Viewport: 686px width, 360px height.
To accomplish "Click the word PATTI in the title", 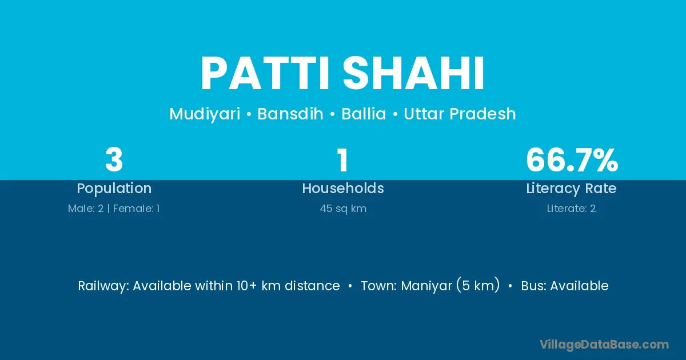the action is [x=265, y=74].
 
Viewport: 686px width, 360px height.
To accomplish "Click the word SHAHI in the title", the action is [x=413, y=74].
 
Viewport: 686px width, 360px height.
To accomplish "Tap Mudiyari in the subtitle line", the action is [x=205, y=114].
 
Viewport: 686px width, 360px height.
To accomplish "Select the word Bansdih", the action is [x=290, y=114].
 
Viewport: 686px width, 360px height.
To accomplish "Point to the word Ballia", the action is [x=364, y=114].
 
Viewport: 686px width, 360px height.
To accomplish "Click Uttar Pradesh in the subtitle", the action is [x=460, y=114].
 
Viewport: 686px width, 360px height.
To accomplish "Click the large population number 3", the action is [x=114, y=159].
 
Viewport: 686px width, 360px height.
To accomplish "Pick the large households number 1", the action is [x=343, y=159].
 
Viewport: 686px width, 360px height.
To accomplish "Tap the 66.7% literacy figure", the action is [x=572, y=159].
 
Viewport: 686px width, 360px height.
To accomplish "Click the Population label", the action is [x=114, y=189].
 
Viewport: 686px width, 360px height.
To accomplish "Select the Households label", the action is [x=343, y=188].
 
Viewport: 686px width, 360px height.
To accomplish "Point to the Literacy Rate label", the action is [x=571, y=189].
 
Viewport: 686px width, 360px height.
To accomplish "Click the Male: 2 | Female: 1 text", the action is [x=114, y=209].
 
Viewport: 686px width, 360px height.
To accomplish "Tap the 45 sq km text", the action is [x=343, y=209].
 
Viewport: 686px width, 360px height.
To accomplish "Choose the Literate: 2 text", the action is [x=571, y=209].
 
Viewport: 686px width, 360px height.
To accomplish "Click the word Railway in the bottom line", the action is [x=103, y=286].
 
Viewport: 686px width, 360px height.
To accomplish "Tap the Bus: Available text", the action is [x=565, y=286].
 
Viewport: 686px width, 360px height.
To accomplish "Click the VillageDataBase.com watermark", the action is [x=604, y=345].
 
